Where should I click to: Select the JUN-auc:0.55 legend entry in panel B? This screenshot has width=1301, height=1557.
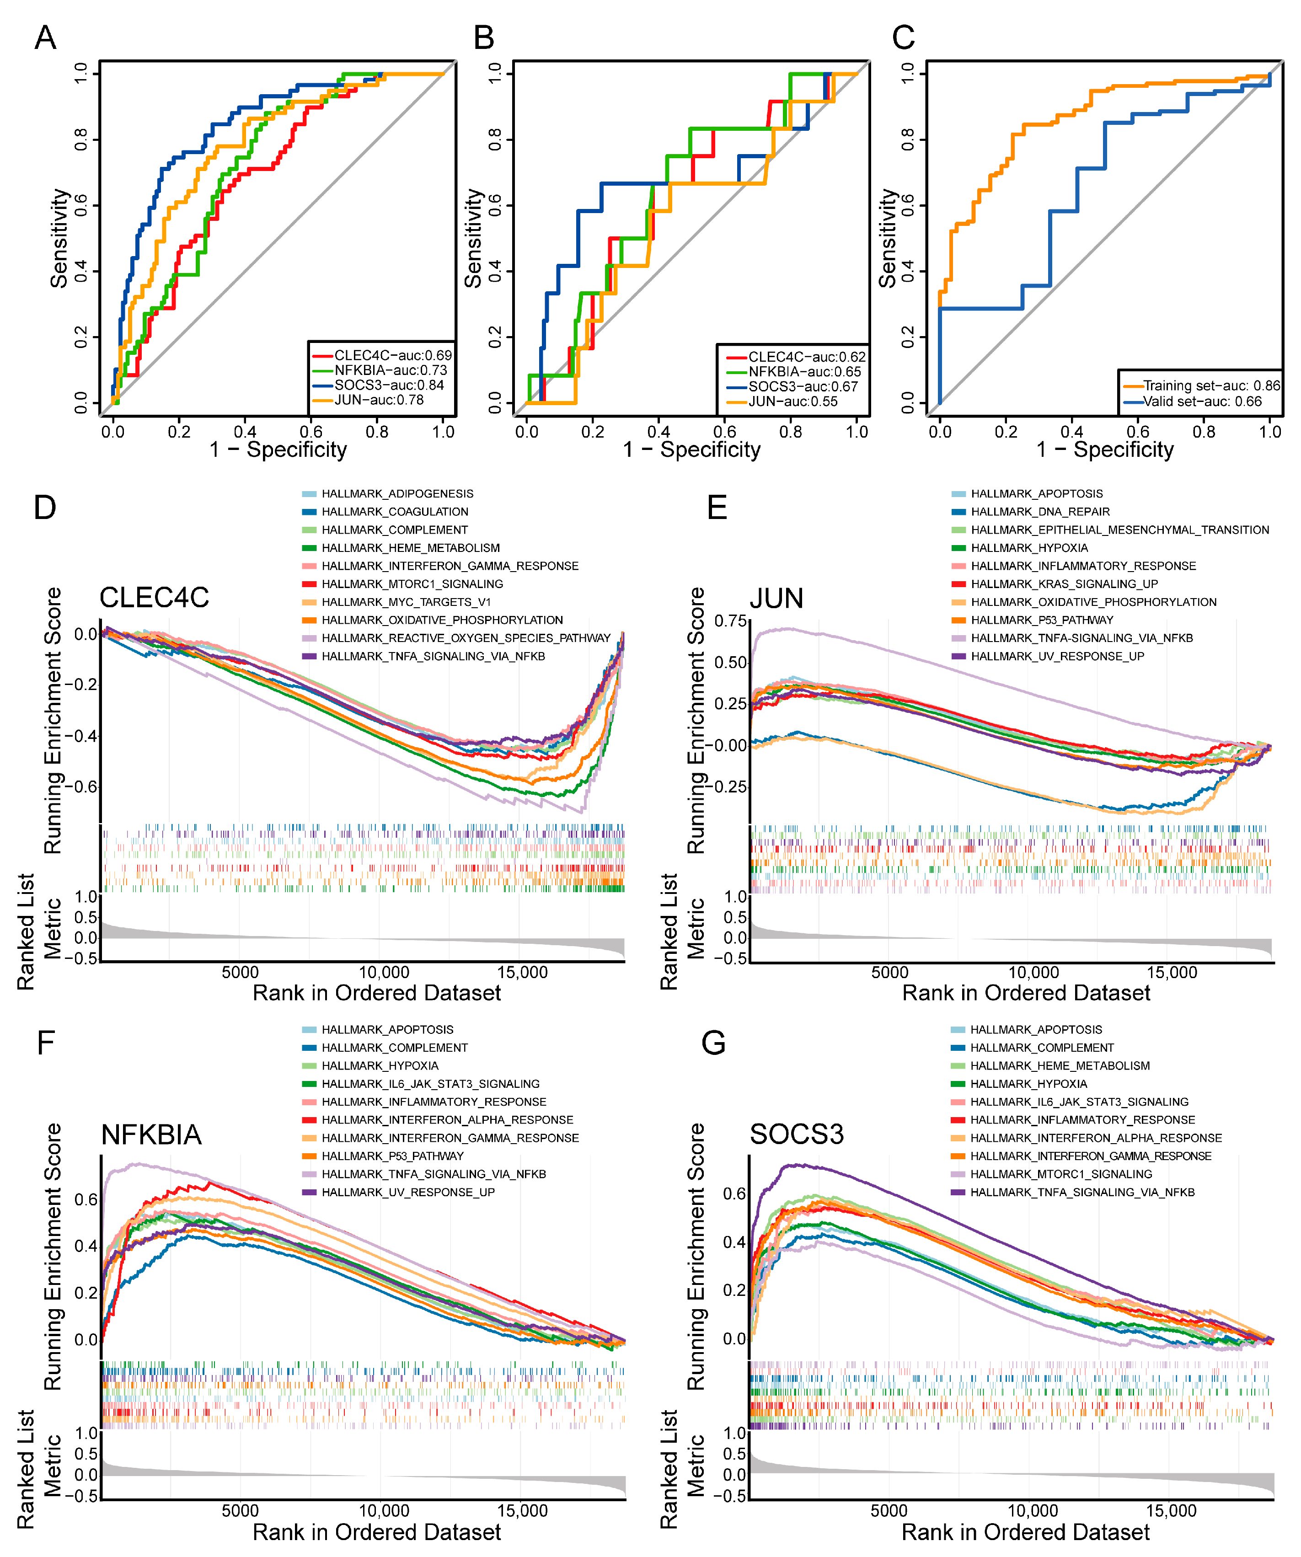click(792, 401)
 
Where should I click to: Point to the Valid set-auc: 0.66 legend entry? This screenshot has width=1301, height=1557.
click(1202, 401)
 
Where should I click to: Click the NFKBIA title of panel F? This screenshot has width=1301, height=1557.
click(151, 1134)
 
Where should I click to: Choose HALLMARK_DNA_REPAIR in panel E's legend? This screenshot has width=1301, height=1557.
click(1039, 512)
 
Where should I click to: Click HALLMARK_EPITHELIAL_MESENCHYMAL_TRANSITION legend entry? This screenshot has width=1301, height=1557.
click(1119, 530)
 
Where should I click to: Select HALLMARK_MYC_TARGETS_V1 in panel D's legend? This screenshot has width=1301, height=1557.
click(406, 602)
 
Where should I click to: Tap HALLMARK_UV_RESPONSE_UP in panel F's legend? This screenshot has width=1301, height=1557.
click(408, 1192)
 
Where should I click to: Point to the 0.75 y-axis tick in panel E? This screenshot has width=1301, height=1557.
click(730, 621)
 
